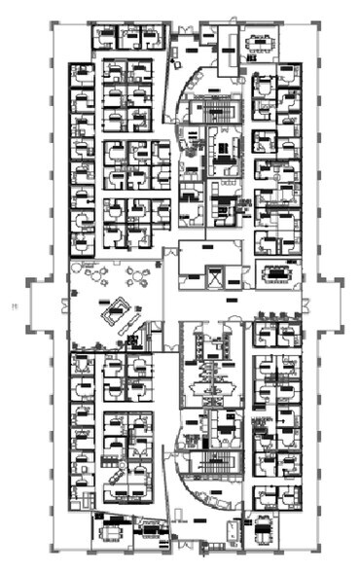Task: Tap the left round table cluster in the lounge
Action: (97, 274)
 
